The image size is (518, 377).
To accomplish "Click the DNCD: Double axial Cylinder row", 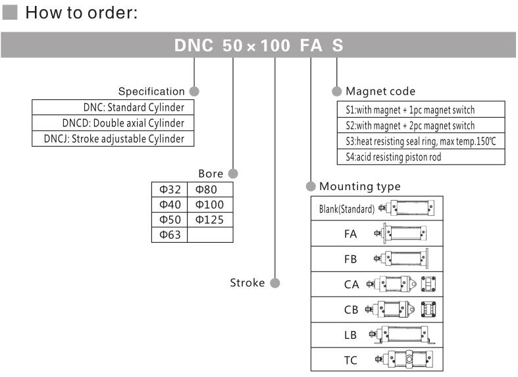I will pos(113,123).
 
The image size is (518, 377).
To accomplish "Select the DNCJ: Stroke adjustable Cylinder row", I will pos(113,139).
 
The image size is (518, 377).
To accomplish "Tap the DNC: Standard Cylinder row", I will pos(113,107).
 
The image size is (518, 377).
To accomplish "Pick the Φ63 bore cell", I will pos(170,234).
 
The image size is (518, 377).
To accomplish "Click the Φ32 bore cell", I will pos(170,189).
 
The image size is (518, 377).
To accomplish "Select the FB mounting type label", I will pos(350,259).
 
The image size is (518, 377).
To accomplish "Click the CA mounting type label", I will pos(350,284).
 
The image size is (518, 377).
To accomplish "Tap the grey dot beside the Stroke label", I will pos(275,284).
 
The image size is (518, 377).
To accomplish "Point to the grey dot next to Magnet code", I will pos(336,91).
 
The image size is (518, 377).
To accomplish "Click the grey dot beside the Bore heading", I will pos(232,174).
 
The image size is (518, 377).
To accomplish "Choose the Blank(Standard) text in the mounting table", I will pos(347,209).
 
